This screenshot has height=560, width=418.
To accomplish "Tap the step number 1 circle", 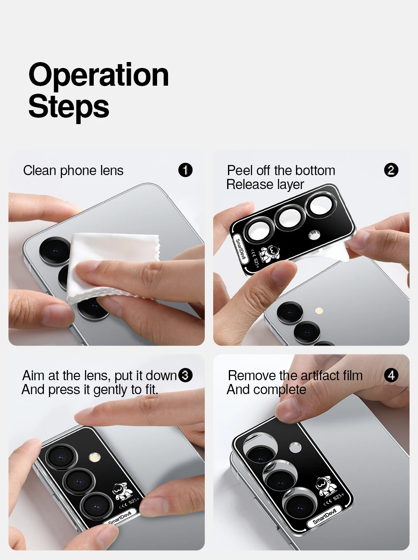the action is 185,170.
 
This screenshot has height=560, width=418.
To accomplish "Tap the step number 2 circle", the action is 391,170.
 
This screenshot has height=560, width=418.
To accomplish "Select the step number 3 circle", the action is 185,375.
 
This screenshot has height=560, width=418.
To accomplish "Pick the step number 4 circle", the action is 391,375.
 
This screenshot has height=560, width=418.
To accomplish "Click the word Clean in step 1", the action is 40,170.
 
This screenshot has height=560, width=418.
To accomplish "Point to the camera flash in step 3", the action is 95,457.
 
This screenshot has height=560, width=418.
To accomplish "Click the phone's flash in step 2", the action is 319,311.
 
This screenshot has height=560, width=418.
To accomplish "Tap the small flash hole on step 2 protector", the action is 314,235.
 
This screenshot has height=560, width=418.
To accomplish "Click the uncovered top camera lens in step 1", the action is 55,251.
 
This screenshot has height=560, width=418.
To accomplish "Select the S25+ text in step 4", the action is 338,497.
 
